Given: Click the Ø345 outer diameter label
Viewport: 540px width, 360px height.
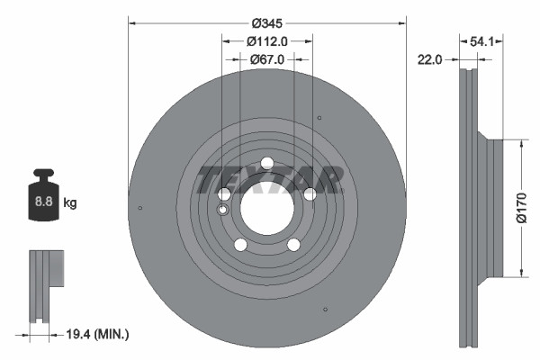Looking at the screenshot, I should [267, 22].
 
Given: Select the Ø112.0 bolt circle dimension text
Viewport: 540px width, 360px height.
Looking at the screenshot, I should [267, 40].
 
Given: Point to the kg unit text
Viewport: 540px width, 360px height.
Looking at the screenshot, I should [70, 203].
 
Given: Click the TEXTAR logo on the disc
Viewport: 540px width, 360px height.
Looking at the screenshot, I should [268, 180].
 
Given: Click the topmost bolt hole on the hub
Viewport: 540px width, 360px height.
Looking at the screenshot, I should [267, 163].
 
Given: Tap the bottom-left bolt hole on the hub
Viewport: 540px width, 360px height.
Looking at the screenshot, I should [240, 245].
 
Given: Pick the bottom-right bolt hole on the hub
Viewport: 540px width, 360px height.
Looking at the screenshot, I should [293, 245].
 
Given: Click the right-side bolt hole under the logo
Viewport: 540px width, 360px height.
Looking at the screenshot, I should [310, 194].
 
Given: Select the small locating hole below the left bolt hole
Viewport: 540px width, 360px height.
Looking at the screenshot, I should [223, 210].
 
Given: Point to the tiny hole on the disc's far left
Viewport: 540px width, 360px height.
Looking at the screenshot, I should [141, 209].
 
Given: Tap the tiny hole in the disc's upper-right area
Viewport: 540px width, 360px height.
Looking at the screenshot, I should [319, 117].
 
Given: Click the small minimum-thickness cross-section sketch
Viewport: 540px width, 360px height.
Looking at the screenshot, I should [45, 286].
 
